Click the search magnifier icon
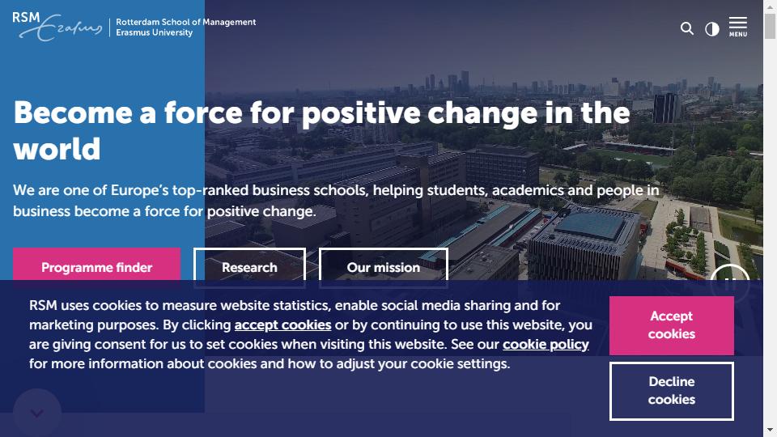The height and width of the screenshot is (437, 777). (x=687, y=28)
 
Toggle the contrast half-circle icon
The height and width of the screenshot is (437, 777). (x=712, y=29)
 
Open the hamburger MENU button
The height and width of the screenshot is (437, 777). (x=738, y=27)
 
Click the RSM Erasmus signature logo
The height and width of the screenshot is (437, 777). (x=57, y=26)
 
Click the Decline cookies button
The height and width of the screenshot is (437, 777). (x=672, y=391)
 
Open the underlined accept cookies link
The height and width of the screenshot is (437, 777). (x=283, y=325)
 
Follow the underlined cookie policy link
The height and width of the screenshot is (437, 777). (x=546, y=345)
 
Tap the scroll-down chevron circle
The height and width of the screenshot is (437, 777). (x=37, y=413)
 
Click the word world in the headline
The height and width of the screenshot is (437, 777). (x=57, y=149)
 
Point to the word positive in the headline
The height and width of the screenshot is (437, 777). (x=361, y=114)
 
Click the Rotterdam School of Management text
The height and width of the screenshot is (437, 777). (x=186, y=22)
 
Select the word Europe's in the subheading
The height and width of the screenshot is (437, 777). (x=139, y=190)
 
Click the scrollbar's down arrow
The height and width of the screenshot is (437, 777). (x=770, y=430)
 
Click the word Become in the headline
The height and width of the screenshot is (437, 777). (x=73, y=113)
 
